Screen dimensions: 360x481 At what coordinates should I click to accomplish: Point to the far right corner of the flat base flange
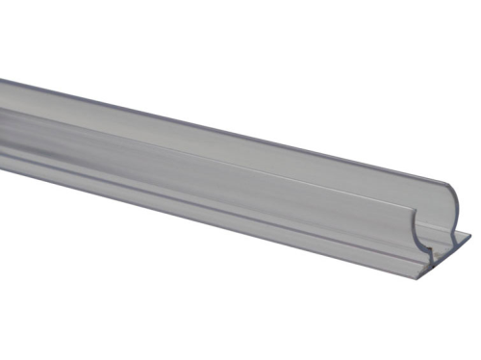(x=471, y=231)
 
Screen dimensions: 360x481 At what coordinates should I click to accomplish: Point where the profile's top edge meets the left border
(x=1, y=79)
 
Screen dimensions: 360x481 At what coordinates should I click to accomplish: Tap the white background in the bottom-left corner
(x=29, y=327)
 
